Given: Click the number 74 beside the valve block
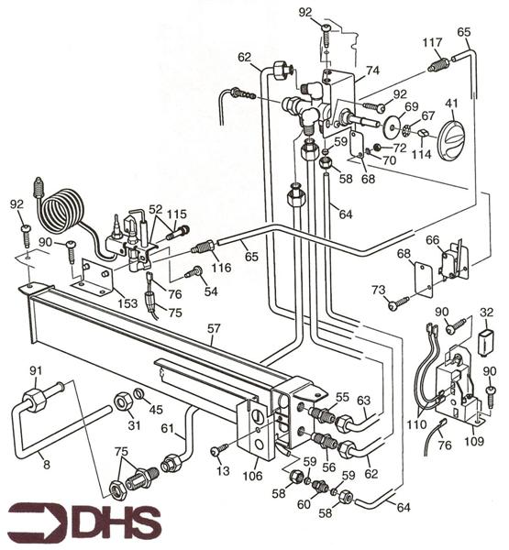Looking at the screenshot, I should coord(371,69).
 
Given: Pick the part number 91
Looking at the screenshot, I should coord(36,371).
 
